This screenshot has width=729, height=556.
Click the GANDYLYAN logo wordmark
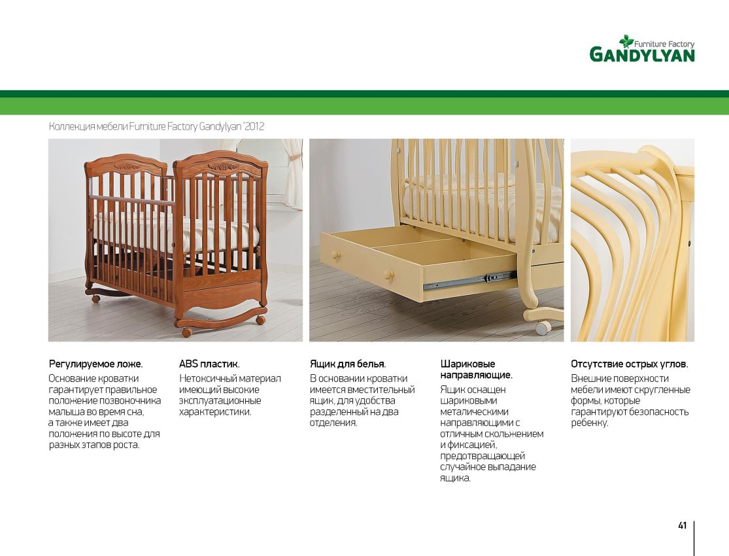coord(642,55)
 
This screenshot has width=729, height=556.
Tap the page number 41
coord(682,526)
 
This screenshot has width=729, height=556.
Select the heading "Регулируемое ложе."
coord(95,364)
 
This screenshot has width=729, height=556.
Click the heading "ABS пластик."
coord(209,364)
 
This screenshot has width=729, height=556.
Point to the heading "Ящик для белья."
coord(348,364)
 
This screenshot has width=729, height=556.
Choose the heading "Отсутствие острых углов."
coord(630,364)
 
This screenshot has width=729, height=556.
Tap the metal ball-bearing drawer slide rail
coord(469,281)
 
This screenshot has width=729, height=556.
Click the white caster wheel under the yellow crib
coord(542,328)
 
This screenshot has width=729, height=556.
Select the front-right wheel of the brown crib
coord(186,332)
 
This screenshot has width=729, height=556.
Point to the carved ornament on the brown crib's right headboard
coord(223,166)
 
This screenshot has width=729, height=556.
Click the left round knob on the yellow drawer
coord(335,256)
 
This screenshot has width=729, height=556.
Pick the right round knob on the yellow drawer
coord(389,276)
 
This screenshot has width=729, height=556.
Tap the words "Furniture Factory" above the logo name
coord(664,44)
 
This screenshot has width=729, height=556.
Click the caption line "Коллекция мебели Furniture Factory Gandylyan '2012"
coord(157,126)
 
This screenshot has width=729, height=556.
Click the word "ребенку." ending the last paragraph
coord(590,423)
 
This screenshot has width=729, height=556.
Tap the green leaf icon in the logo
coord(626,41)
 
